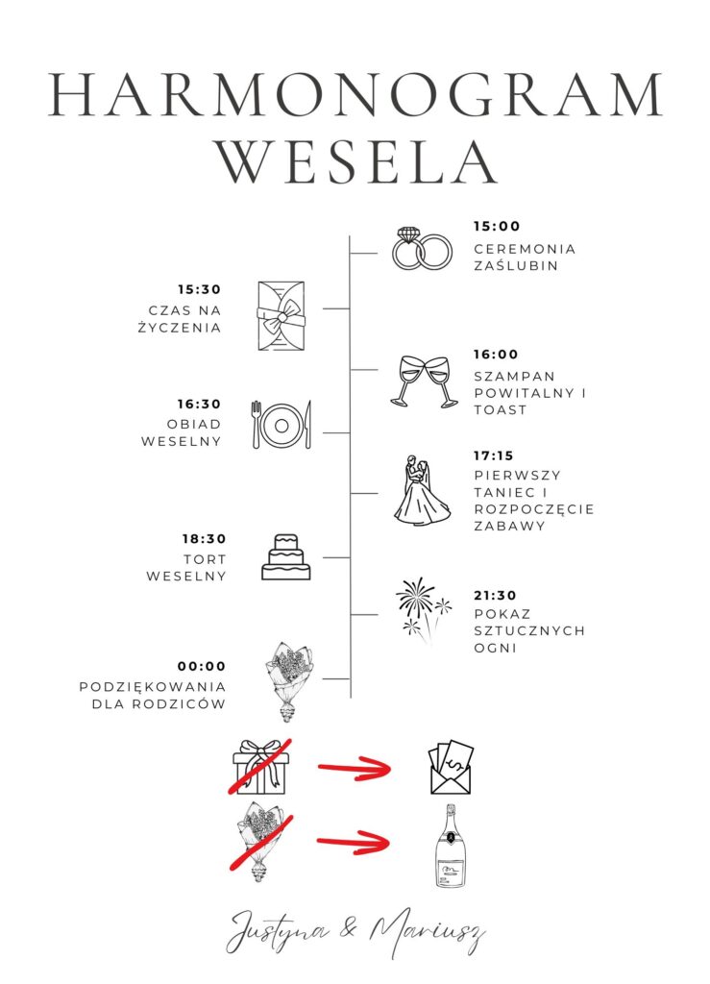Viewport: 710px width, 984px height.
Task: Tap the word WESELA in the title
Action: point(356,160)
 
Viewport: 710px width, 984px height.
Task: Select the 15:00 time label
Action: point(496,227)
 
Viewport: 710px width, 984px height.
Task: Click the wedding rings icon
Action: point(422,248)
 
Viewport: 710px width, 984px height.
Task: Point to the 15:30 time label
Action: point(199,289)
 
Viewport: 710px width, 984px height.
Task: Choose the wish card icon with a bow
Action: point(280,314)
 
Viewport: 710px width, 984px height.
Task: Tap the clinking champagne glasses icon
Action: point(424,381)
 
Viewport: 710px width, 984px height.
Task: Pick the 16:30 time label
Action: point(199,405)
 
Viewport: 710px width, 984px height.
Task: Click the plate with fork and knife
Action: point(281,424)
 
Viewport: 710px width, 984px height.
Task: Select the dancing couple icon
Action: point(422,491)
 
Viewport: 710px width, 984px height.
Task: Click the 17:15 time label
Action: point(496,455)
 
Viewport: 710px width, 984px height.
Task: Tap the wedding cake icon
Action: point(285,557)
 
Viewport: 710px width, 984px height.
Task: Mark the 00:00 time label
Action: point(202,666)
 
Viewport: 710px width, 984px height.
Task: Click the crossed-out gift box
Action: point(259,767)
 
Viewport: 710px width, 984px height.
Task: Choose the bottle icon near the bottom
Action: point(452,847)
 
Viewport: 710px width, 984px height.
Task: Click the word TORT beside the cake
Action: point(205,559)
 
